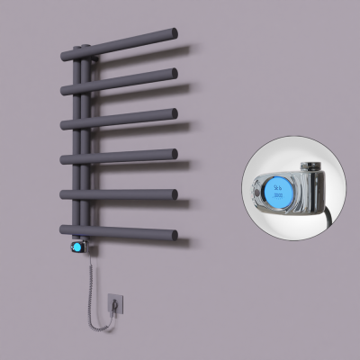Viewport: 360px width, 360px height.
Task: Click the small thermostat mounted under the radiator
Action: tap(79, 246)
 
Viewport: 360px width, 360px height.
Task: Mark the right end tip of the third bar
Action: tap(173, 113)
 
